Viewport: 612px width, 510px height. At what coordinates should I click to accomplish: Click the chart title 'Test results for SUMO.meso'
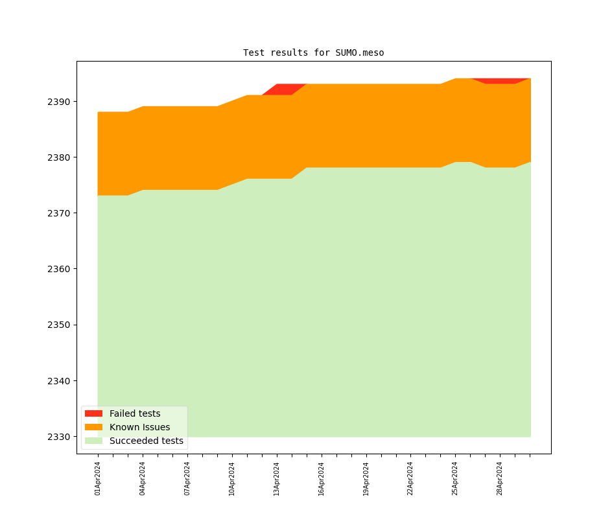click(313, 52)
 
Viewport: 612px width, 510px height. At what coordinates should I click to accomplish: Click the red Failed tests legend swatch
click(93, 413)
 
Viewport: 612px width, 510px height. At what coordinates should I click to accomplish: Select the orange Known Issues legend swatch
click(93, 427)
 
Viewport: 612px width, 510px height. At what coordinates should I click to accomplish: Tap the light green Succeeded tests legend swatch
click(93, 441)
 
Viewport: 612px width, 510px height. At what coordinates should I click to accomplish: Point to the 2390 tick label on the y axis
click(59, 102)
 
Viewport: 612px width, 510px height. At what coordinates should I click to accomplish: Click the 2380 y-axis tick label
click(59, 157)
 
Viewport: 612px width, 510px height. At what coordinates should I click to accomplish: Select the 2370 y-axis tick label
click(59, 213)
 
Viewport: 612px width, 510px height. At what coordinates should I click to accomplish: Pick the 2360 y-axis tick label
click(59, 269)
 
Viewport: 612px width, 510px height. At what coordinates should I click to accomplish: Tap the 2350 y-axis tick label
click(59, 325)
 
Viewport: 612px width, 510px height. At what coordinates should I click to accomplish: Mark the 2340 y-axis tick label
click(59, 381)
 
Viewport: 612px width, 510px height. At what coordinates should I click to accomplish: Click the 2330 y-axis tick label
click(59, 437)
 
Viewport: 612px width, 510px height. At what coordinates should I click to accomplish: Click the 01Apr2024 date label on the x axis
click(98, 478)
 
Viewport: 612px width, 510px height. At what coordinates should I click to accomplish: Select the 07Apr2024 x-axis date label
click(187, 478)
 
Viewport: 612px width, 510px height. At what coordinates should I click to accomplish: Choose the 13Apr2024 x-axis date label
click(277, 478)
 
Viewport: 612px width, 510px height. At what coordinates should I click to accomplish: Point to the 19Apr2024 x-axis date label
click(366, 478)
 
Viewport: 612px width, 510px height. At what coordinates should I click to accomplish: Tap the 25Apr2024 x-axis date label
click(455, 478)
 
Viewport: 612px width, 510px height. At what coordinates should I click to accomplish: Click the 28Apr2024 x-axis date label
click(500, 478)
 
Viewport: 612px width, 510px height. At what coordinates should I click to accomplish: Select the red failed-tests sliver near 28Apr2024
click(500, 81)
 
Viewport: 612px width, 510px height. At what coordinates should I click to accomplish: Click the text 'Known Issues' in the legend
click(139, 427)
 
